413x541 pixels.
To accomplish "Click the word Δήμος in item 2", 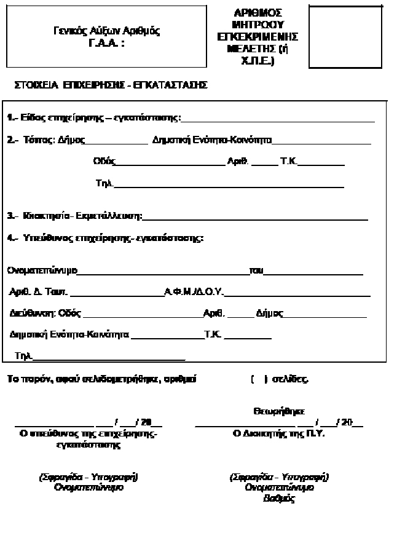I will (x=72, y=140).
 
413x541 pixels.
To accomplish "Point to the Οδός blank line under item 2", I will (x=171, y=164).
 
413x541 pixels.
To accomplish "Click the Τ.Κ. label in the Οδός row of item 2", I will (x=288, y=162).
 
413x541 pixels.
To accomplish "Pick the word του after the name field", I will (x=256, y=270).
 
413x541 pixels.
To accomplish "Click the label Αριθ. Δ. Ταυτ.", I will (x=39, y=292).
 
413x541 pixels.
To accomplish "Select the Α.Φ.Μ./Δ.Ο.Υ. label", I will (x=193, y=292).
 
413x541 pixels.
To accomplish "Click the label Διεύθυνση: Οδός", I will (x=45, y=313).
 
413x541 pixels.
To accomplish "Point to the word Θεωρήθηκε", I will (x=278, y=411).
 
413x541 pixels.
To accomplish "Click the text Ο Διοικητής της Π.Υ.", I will (x=278, y=433).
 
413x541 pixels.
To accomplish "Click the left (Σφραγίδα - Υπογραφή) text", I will (x=88, y=477).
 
